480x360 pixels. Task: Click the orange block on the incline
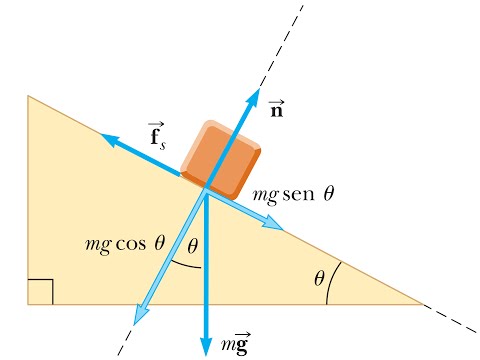pyautogui.click(x=220, y=160)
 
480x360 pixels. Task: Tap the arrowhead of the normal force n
pyautogui.click(x=255, y=96)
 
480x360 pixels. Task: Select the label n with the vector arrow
pyautogui.click(x=276, y=109)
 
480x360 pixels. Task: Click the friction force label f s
pyautogui.click(x=157, y=136)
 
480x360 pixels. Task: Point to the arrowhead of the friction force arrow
pyautogui.click(x=109, y=139)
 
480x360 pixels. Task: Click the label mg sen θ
pyautogui.click(x=293, y=195)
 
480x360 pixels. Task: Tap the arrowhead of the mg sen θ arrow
pyautogui.click(x=274, y=223)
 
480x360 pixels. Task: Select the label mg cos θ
pyautogui.click(x=125, y=244)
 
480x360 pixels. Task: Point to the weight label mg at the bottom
pyautogui.click(x=236, y=343)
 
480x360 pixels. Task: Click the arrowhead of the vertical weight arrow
pyautogui.click(x=206, y=345)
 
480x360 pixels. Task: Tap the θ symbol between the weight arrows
pyautogui.click(x=192, y=247)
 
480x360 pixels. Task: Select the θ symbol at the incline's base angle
pyautogui.click(x=319, y=278)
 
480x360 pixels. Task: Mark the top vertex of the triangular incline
pyautogui.click(x=28, y=96)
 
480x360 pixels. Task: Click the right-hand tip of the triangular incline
pyautogui.click(x=423, y=304)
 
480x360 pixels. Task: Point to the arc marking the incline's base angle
pyautogui.click(x=331, y=282)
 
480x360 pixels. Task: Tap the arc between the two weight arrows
pyautogui.click(x=185, y=265)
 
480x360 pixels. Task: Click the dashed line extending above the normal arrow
pyautogui.click(x=282, y=47)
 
